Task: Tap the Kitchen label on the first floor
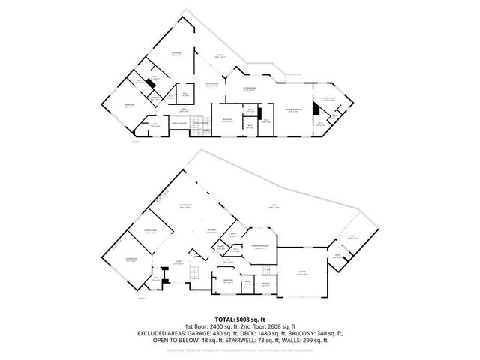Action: (212, 230)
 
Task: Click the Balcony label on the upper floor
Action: (221, 55)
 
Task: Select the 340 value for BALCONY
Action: (322, 333)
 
